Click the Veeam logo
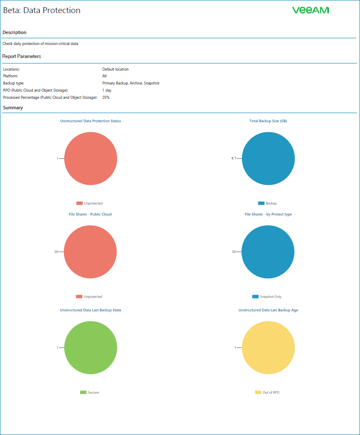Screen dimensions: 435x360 point(310,10)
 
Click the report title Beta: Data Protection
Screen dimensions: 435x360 point(42,10)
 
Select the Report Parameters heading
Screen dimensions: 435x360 point(21,56)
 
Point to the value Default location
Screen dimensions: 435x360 point(116,69)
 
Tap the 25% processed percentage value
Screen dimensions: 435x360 point(106,98)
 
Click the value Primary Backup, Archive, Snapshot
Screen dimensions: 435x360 point(131,83)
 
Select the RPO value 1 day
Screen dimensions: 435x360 point(107,90)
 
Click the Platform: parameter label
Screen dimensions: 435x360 point(11,76)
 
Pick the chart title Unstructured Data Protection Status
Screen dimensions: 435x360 point(91,121)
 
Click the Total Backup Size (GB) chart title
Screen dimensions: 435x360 point(268,121)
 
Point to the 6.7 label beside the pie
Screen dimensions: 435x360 point(234,158)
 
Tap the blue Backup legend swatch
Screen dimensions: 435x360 point(261,203)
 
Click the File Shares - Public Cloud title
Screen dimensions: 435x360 point(90,214)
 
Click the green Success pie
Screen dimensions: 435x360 point(90,348)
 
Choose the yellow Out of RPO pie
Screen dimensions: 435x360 point(268,348)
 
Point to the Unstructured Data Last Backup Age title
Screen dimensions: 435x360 point(268,310)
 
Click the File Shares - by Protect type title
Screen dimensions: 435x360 point(268,214)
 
